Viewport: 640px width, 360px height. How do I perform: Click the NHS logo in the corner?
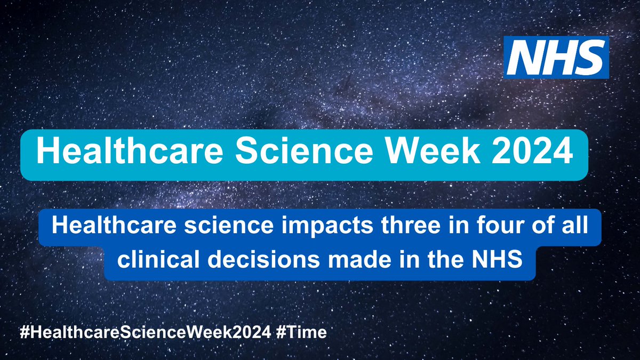(x=556, y=57)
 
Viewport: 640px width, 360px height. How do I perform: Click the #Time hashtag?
(x=306, y=331)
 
